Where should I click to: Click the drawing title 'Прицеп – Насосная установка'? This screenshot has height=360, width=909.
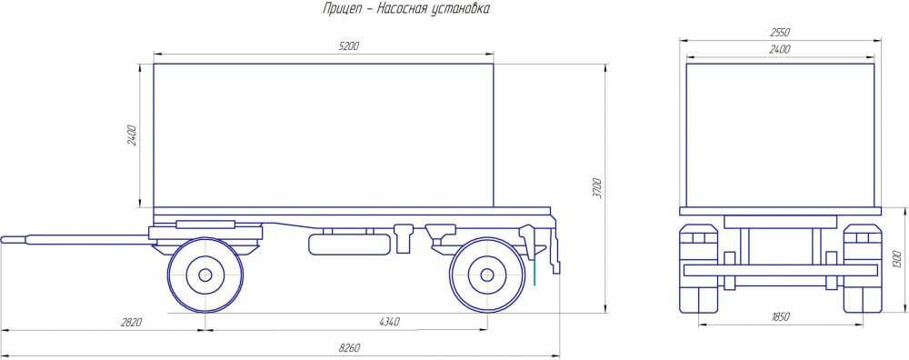click(x=406, y=9)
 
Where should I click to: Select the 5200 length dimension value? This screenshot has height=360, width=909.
click(x=348, y=46)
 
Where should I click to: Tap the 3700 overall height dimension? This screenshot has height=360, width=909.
click(x=599, y=188)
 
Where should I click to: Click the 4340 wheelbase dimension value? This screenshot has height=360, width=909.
click(x=389, y=322)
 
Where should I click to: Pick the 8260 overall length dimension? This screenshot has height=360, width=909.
click(x=350, y=348)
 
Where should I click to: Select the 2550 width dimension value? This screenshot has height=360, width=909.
click(x=780, y=33)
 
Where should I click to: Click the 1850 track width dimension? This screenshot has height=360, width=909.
click(x=780, y=317)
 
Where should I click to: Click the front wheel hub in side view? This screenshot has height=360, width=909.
click(x=205, y=275)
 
